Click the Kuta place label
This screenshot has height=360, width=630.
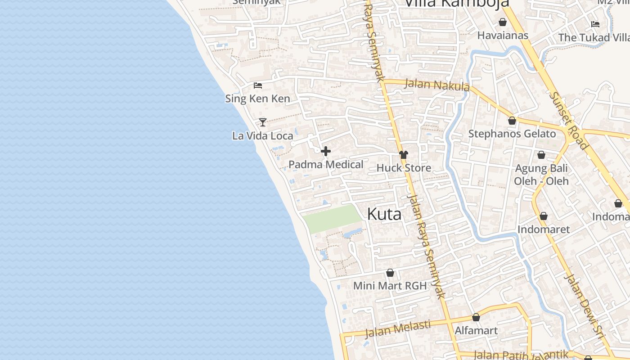pos(384,214)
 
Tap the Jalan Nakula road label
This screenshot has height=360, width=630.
pos(437,85)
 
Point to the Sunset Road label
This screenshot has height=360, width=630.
pos(568,120)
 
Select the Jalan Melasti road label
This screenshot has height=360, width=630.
pos(397,328)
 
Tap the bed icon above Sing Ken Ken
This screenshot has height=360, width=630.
pos(258,85)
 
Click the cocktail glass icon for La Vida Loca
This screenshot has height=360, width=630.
pos(263,122)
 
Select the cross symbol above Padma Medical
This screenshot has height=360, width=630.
pos(326,151)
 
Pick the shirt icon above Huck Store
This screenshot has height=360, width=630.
pos(404,155)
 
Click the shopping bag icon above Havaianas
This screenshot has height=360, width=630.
pos(503,22)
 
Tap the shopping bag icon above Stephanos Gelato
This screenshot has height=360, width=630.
pos(512,121)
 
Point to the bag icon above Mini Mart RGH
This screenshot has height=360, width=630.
pos(390,273)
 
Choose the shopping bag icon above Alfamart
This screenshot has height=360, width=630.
pos(476,317)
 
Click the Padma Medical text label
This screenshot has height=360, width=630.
pos(326,165)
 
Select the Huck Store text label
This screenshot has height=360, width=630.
pos(404,168)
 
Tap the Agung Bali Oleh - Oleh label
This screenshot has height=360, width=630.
pos(541,175)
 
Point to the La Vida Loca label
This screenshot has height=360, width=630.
pos(263,135)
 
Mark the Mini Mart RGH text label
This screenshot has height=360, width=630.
pos(390,286)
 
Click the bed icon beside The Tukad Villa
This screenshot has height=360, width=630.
pos(595,24)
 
